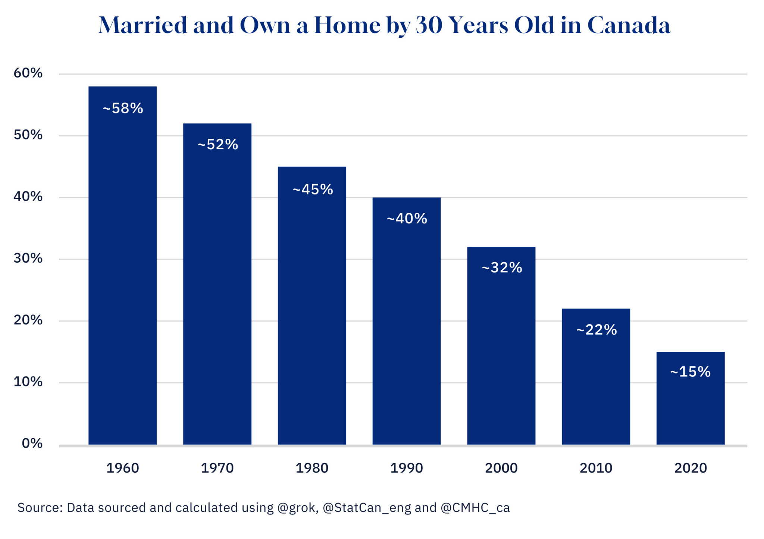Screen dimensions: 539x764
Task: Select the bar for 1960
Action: [122, 265]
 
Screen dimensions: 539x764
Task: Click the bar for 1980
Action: [312, 305]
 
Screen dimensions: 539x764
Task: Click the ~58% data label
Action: [123, 109]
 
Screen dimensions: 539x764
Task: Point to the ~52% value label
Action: [217, 145]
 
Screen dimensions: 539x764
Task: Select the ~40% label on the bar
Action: [407, 219]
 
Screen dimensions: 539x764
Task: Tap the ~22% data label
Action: [596, 330]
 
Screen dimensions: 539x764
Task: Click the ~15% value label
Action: [691, 372]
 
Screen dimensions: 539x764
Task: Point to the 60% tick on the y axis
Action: [28, 73]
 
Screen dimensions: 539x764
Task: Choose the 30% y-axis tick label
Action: [28, 258]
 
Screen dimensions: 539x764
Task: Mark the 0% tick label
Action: [32, 443]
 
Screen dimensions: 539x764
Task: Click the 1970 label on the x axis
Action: [217, 468]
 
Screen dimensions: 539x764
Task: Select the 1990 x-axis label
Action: [407, 468]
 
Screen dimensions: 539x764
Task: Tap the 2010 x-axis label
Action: [596, 468]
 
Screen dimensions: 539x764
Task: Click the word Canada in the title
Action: [629, 25]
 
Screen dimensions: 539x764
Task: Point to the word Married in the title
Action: [143, 25]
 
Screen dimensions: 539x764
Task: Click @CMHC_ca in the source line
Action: [475, 508]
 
